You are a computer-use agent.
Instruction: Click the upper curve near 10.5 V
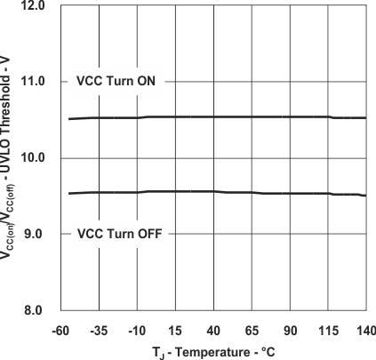coord(213,116)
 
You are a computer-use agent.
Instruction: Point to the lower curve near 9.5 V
coord(213,191)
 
